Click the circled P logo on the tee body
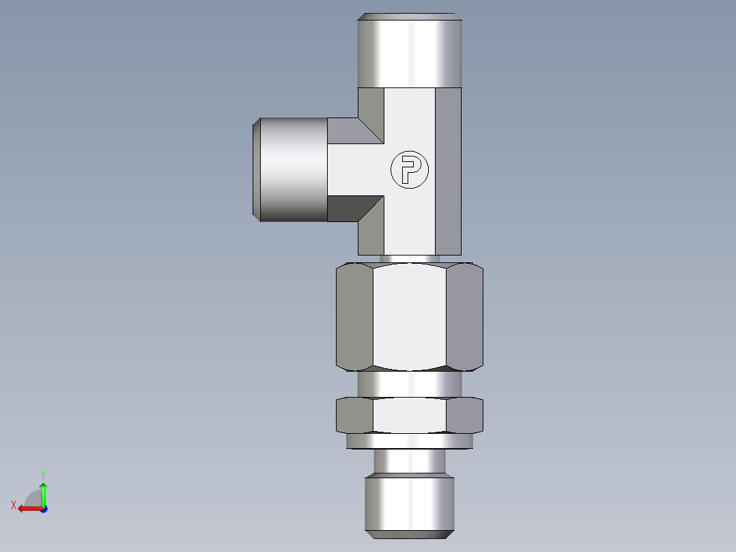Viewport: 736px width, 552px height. click(x=410, y=170)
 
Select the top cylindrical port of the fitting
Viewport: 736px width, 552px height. click(x=410, y=51)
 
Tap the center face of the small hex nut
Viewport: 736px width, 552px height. click(x=410, y=415)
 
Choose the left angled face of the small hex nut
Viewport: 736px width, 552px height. click(x=355, y=415)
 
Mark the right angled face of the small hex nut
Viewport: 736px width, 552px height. click(x=464, y=415)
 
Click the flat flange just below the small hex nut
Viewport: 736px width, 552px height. click(x=410, y=442)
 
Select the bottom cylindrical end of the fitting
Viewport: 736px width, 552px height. click(x=410, y=506)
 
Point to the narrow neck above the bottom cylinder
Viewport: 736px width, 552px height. click(x=410, y=462)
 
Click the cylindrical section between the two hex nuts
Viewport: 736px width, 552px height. click(x=410, y=384)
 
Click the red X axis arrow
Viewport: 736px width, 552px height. click(x=27, y=508)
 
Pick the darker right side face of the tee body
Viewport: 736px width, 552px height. click(x=448, y=171)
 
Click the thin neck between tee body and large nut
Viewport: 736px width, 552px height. click(x=410, y=258)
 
